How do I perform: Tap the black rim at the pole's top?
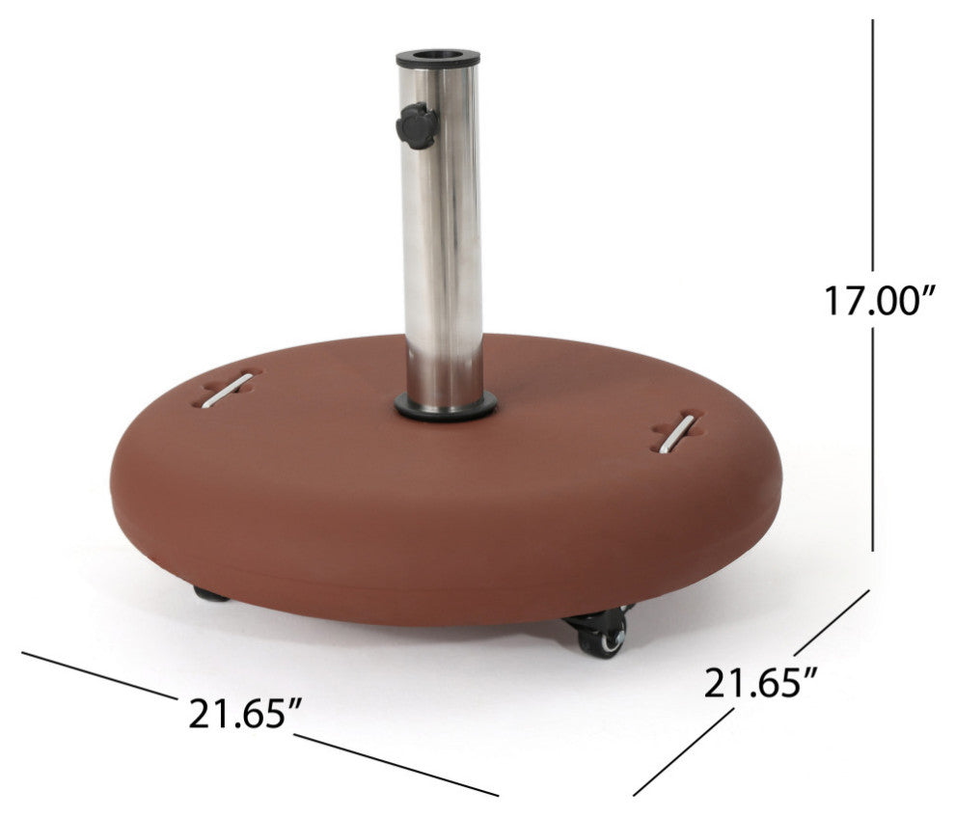437,59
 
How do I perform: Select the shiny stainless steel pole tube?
443,241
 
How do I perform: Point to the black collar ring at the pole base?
446,407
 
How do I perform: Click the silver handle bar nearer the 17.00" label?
676,433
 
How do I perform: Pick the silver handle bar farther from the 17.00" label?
228,390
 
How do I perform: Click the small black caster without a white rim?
210,594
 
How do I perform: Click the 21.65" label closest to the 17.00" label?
762,684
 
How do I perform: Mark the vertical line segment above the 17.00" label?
873,145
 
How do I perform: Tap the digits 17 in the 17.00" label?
841,301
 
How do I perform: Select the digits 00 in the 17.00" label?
898,301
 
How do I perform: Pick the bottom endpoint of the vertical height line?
873,550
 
